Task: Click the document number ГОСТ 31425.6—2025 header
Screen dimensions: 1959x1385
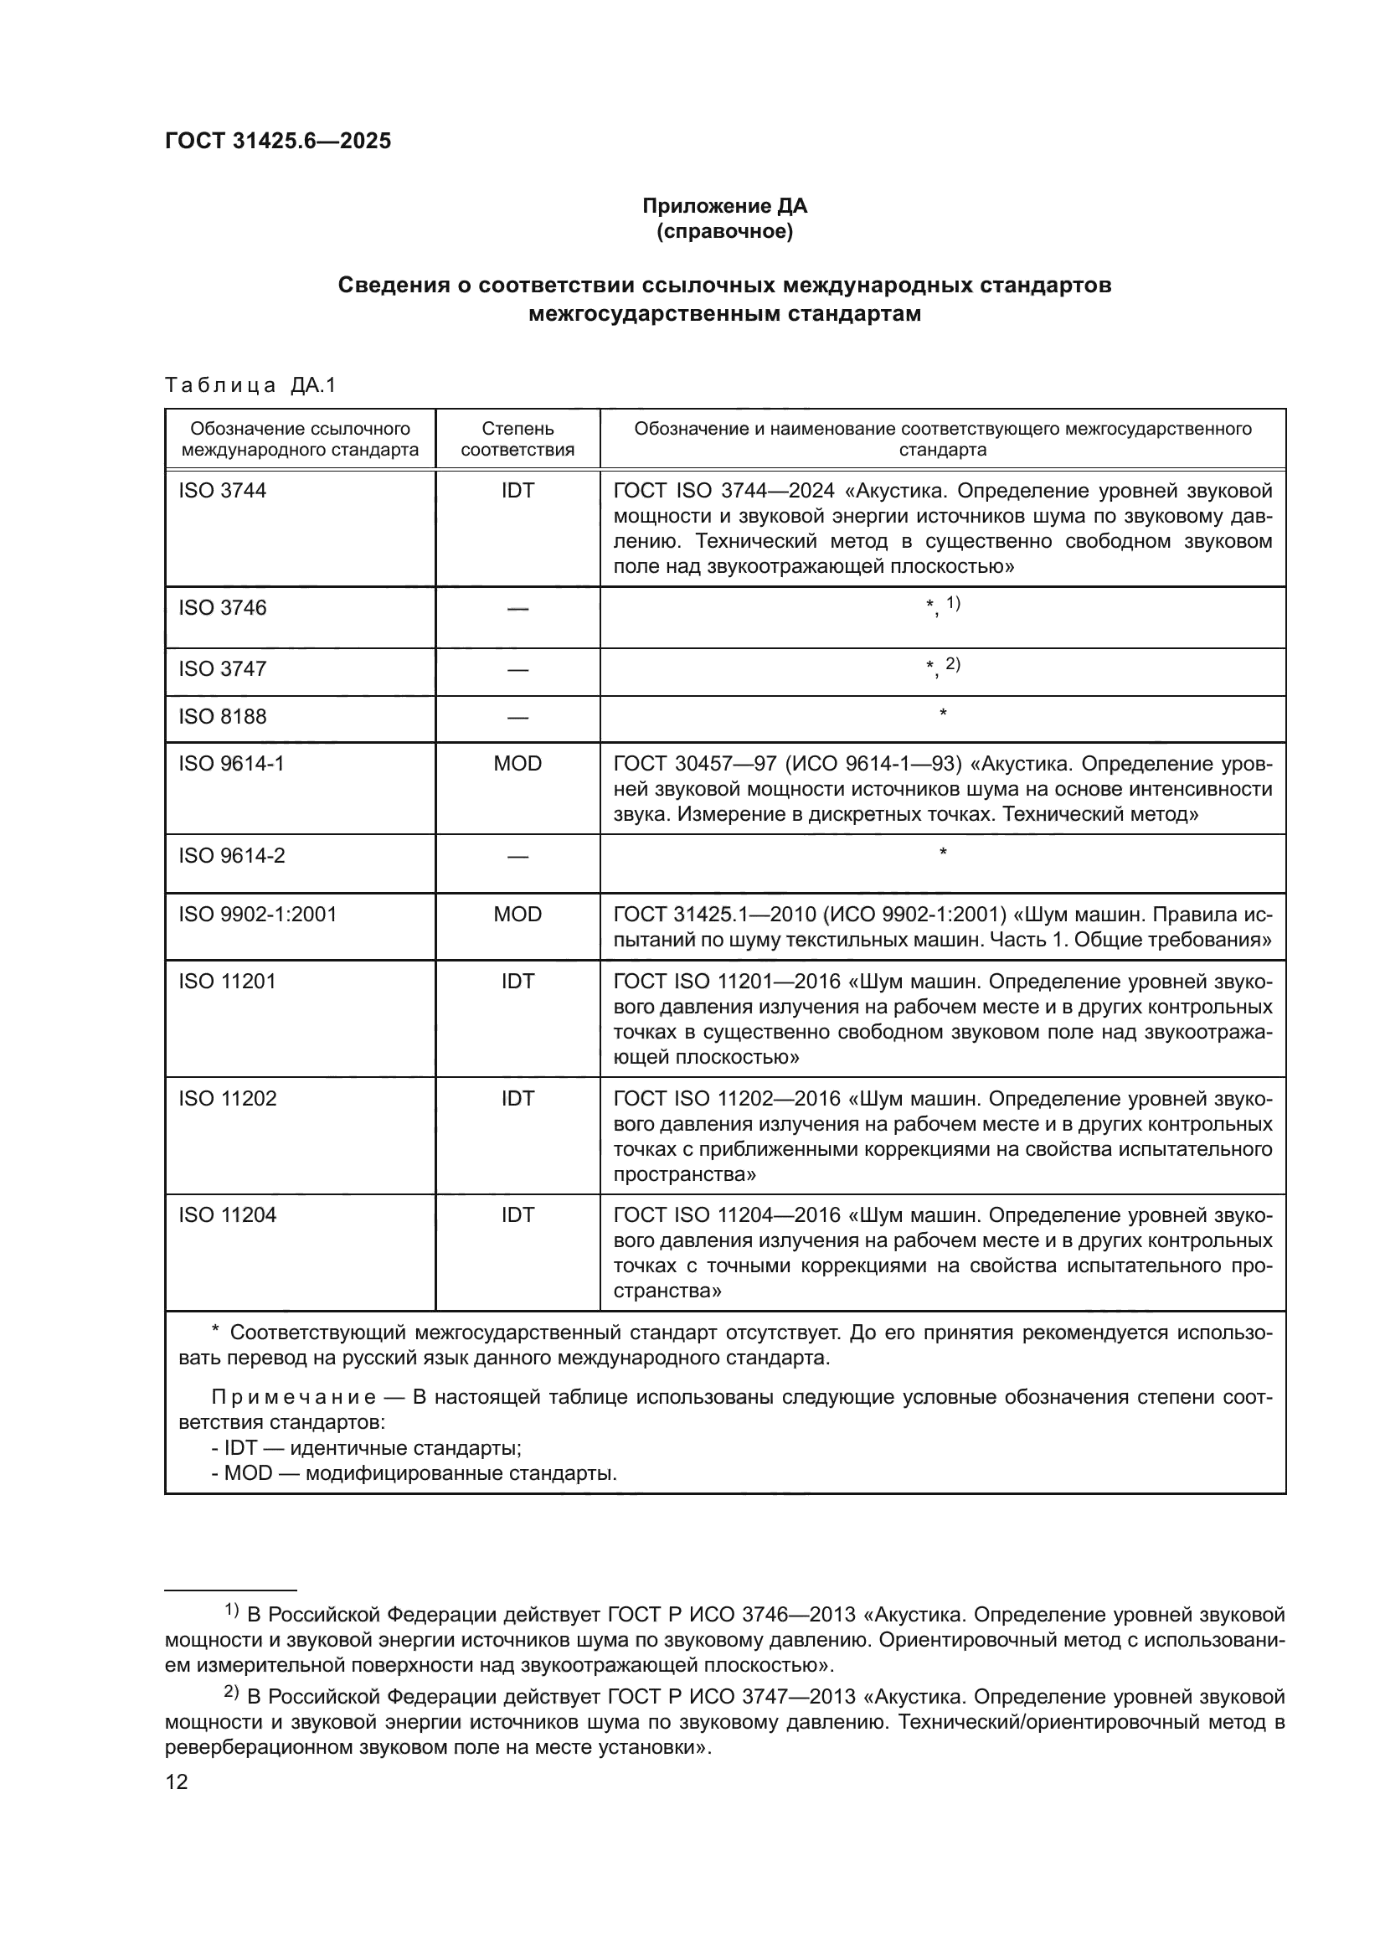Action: (278, 141)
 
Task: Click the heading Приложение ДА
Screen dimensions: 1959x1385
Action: (724, 206)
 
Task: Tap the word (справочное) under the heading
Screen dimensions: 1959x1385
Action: (724, 231)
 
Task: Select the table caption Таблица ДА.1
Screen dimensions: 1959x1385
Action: (250, 384)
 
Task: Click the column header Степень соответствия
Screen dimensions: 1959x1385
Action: (517, 439)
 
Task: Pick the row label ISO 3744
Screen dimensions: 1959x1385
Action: (222, 491)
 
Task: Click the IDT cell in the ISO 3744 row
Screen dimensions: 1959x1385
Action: (517, 491)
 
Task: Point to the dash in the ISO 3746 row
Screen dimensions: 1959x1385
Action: (517, 608)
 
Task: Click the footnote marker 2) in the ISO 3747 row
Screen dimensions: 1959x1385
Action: (953, 664)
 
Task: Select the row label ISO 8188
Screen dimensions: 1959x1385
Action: (222, 717)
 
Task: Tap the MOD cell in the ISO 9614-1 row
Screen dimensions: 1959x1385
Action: (517, 764)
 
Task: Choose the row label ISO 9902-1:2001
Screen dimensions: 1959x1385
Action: (257, 915)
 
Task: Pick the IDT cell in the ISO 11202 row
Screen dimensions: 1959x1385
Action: (517, 1098)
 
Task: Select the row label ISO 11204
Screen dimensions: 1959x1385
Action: (227, 1215)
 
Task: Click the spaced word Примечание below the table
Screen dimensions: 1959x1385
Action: (293, 1398)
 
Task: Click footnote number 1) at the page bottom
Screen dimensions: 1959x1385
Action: (231, 1610)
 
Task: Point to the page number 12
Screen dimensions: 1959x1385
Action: (177, 1782)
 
